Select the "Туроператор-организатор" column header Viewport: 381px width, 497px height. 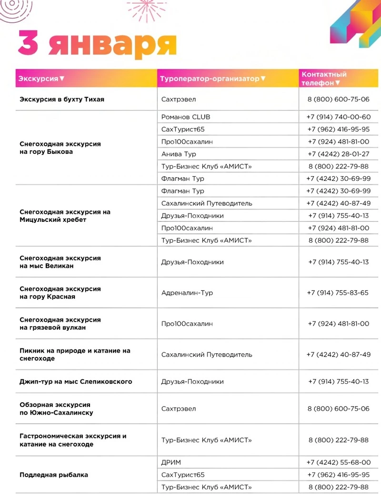pyautogui.click(x=212, y=78)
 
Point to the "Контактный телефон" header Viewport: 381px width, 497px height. pyautogui.click(x=324, y=78)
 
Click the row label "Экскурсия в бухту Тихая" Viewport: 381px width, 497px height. pyautogui.click(x=62, y=99)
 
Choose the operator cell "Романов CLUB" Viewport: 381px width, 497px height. pyautogui.click(x=186, y=117)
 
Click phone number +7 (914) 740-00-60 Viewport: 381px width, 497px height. pyautogui.click(x=339, y=117)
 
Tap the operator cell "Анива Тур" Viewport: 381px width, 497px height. pyautogui.click(x=179, y=154)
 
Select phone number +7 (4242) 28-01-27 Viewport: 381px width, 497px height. pyautogui.click(x=339, y=154)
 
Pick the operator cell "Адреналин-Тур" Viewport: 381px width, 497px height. pyautogui.click(x=187, y=293)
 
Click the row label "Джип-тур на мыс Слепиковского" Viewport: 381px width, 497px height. pyautogui.click(x=76, y=381)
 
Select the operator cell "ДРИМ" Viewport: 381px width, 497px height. pyautogui.click(x=171, y=462)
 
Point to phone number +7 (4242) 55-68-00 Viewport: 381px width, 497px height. pyautogui.click(x=339, y=462)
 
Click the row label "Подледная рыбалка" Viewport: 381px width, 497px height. pyautogui.click(x=54, y=475)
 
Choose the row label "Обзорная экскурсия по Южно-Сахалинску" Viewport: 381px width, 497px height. pyautogui.click(x=56, y=408)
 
